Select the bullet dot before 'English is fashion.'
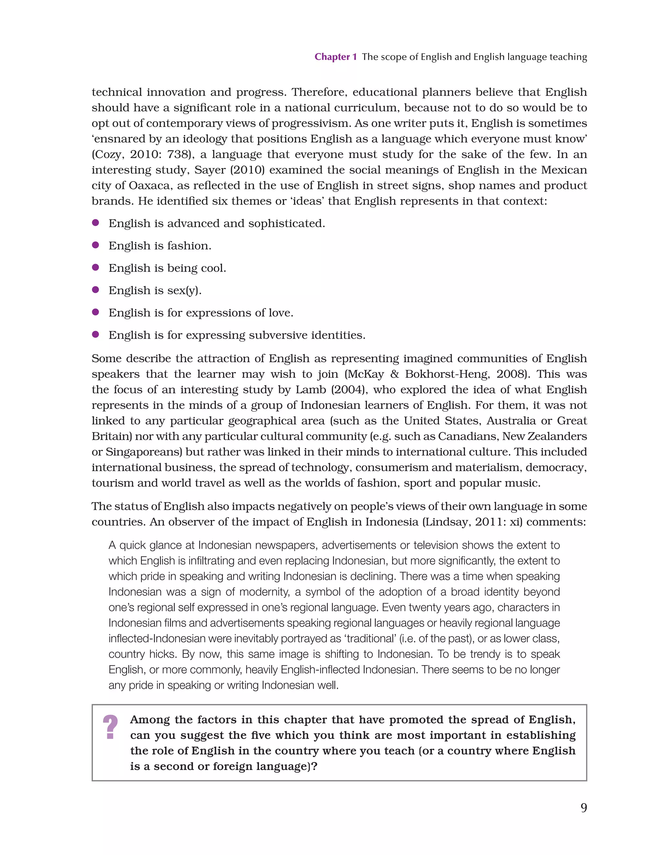95,245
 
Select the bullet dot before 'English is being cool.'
95,267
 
